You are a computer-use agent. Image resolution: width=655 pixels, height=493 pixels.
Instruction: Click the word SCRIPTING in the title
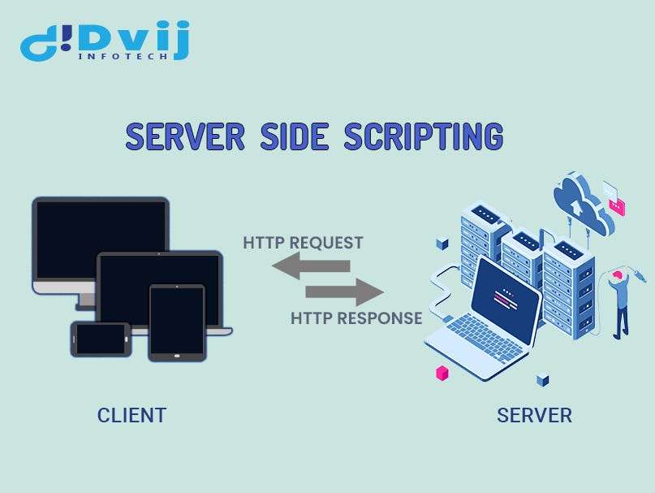(x=423, y=136)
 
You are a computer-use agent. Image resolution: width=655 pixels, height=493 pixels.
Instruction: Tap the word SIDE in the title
(x=295, y=136)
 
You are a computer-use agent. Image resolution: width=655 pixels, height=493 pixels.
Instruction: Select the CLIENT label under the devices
(x=131, y=415)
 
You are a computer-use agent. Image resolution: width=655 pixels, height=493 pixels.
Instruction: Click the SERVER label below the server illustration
(x=534, y=415)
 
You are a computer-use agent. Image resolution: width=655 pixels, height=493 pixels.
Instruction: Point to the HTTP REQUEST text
(x=303, y=243)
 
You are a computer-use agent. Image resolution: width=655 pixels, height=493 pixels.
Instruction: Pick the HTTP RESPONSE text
(x=356, y=318)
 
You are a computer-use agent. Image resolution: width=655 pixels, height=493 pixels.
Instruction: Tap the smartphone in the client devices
(x=100, y=338)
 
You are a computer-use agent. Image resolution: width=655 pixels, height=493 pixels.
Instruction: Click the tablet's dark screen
(x=177, y=320)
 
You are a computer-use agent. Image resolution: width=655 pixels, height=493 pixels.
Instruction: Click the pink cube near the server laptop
(x=442, y=373)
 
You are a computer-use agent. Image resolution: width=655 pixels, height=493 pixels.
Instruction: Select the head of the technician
(x=619, y=278)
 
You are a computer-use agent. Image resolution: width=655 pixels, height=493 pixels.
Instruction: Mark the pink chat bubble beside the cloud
(x=618, y=207)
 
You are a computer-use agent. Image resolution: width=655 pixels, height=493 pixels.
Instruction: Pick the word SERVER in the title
(x=184, y=136)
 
